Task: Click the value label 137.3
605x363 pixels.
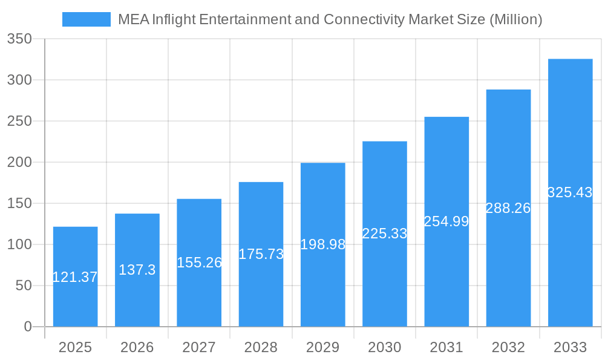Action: tap(137, 270)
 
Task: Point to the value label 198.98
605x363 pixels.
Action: tap(322, 244)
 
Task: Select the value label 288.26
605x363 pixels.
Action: tap(508, 208)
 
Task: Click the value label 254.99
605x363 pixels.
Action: tap(446, 221)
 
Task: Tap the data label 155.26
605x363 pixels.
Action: tap(199, 263)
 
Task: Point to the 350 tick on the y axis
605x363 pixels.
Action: tap(19, 39)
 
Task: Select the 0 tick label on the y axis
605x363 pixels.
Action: tap(27, 327)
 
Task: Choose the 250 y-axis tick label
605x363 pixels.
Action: tap(19, 121)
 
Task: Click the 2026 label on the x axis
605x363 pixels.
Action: tap(137, 347)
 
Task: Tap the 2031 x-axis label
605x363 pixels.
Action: tap(446, 347)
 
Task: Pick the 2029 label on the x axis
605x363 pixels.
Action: tap(322, 347)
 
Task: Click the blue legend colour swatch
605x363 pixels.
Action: tap(87, 19)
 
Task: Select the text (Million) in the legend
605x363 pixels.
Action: tap(515, 19)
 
